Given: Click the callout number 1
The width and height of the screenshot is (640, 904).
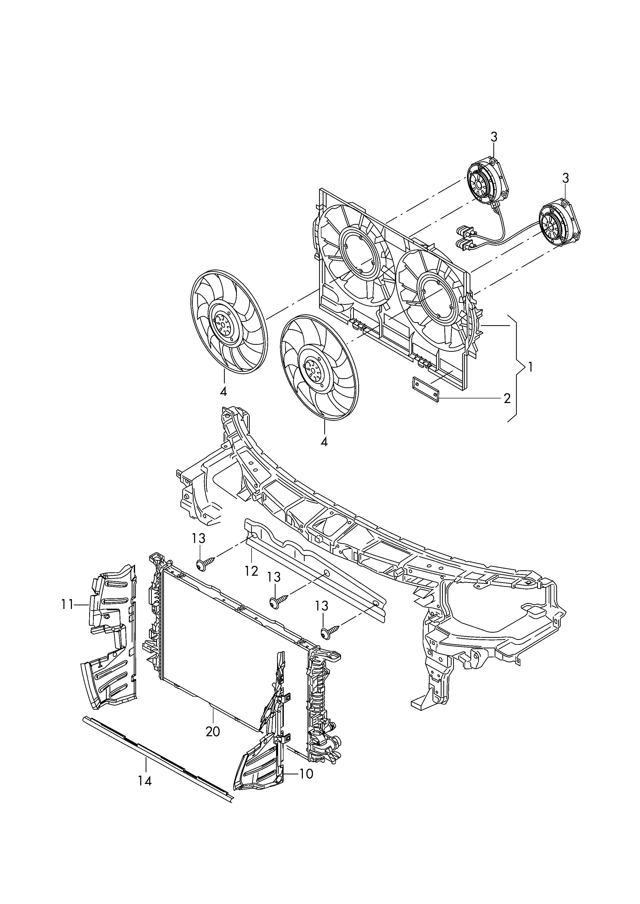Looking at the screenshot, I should tap(530, 367).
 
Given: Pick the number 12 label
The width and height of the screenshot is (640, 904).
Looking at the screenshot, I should tap(251, 571).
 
